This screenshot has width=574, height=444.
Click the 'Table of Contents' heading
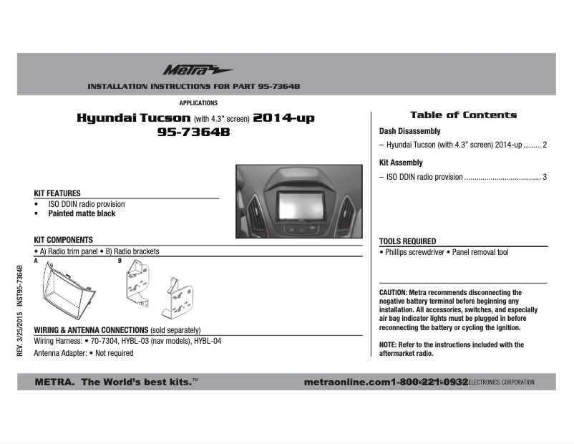pyautogui.click(x=463, y=115)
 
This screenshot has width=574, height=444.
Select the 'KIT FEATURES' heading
pyautogui.click(x=57, y=193)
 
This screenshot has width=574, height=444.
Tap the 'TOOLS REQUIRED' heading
pyautogui.click(x=407, y=241)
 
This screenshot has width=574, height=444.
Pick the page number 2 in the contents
pyautogui.click(x=545, y=145)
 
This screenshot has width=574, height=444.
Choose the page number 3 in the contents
pyautogui.click(x=545, y=177)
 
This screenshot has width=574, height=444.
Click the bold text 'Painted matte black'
pyautogui.click(x=82, y=213)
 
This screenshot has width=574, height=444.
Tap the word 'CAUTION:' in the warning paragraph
pyautogui.click(x=393, y=293)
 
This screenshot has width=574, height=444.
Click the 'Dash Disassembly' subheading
pyautogui.click(x=409, y=132)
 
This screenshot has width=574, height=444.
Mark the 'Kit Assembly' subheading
pyautogui.click(x=401, y=163)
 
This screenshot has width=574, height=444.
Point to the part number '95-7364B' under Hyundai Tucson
pyautogui.click(x=195, y=132)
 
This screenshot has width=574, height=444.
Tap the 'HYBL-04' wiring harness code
pyautogui.click(x=208, y=341)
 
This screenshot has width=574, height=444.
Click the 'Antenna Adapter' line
pyautogui.click(x=84, y=353)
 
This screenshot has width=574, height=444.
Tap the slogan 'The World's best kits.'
pyautogui.click(x=140, y=382)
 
